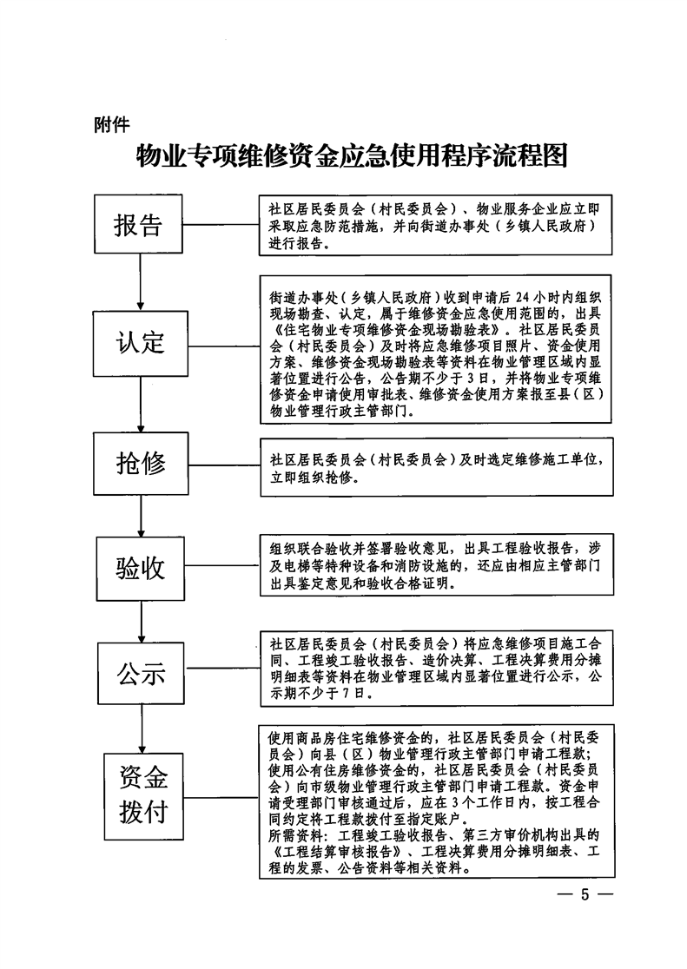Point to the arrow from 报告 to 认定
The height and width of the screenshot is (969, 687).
coord(141,282)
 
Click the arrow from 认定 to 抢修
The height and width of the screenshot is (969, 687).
coord(141,404)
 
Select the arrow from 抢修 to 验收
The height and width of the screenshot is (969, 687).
coord(141,516)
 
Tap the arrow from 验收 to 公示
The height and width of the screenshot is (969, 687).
coord(142,621)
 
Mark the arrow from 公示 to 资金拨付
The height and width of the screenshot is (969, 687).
coord(142,728)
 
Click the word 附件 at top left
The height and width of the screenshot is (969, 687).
coord(112,125)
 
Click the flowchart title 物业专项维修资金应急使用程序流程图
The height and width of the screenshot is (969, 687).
coord(351,156)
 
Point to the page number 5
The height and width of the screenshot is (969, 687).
coord(585,894)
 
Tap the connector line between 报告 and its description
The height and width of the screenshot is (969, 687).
coord(221,224)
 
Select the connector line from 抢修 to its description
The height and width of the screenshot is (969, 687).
coord(224,465)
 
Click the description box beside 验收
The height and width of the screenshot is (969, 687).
coord(437,565)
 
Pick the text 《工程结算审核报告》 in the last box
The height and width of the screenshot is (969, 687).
coord(336,852)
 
